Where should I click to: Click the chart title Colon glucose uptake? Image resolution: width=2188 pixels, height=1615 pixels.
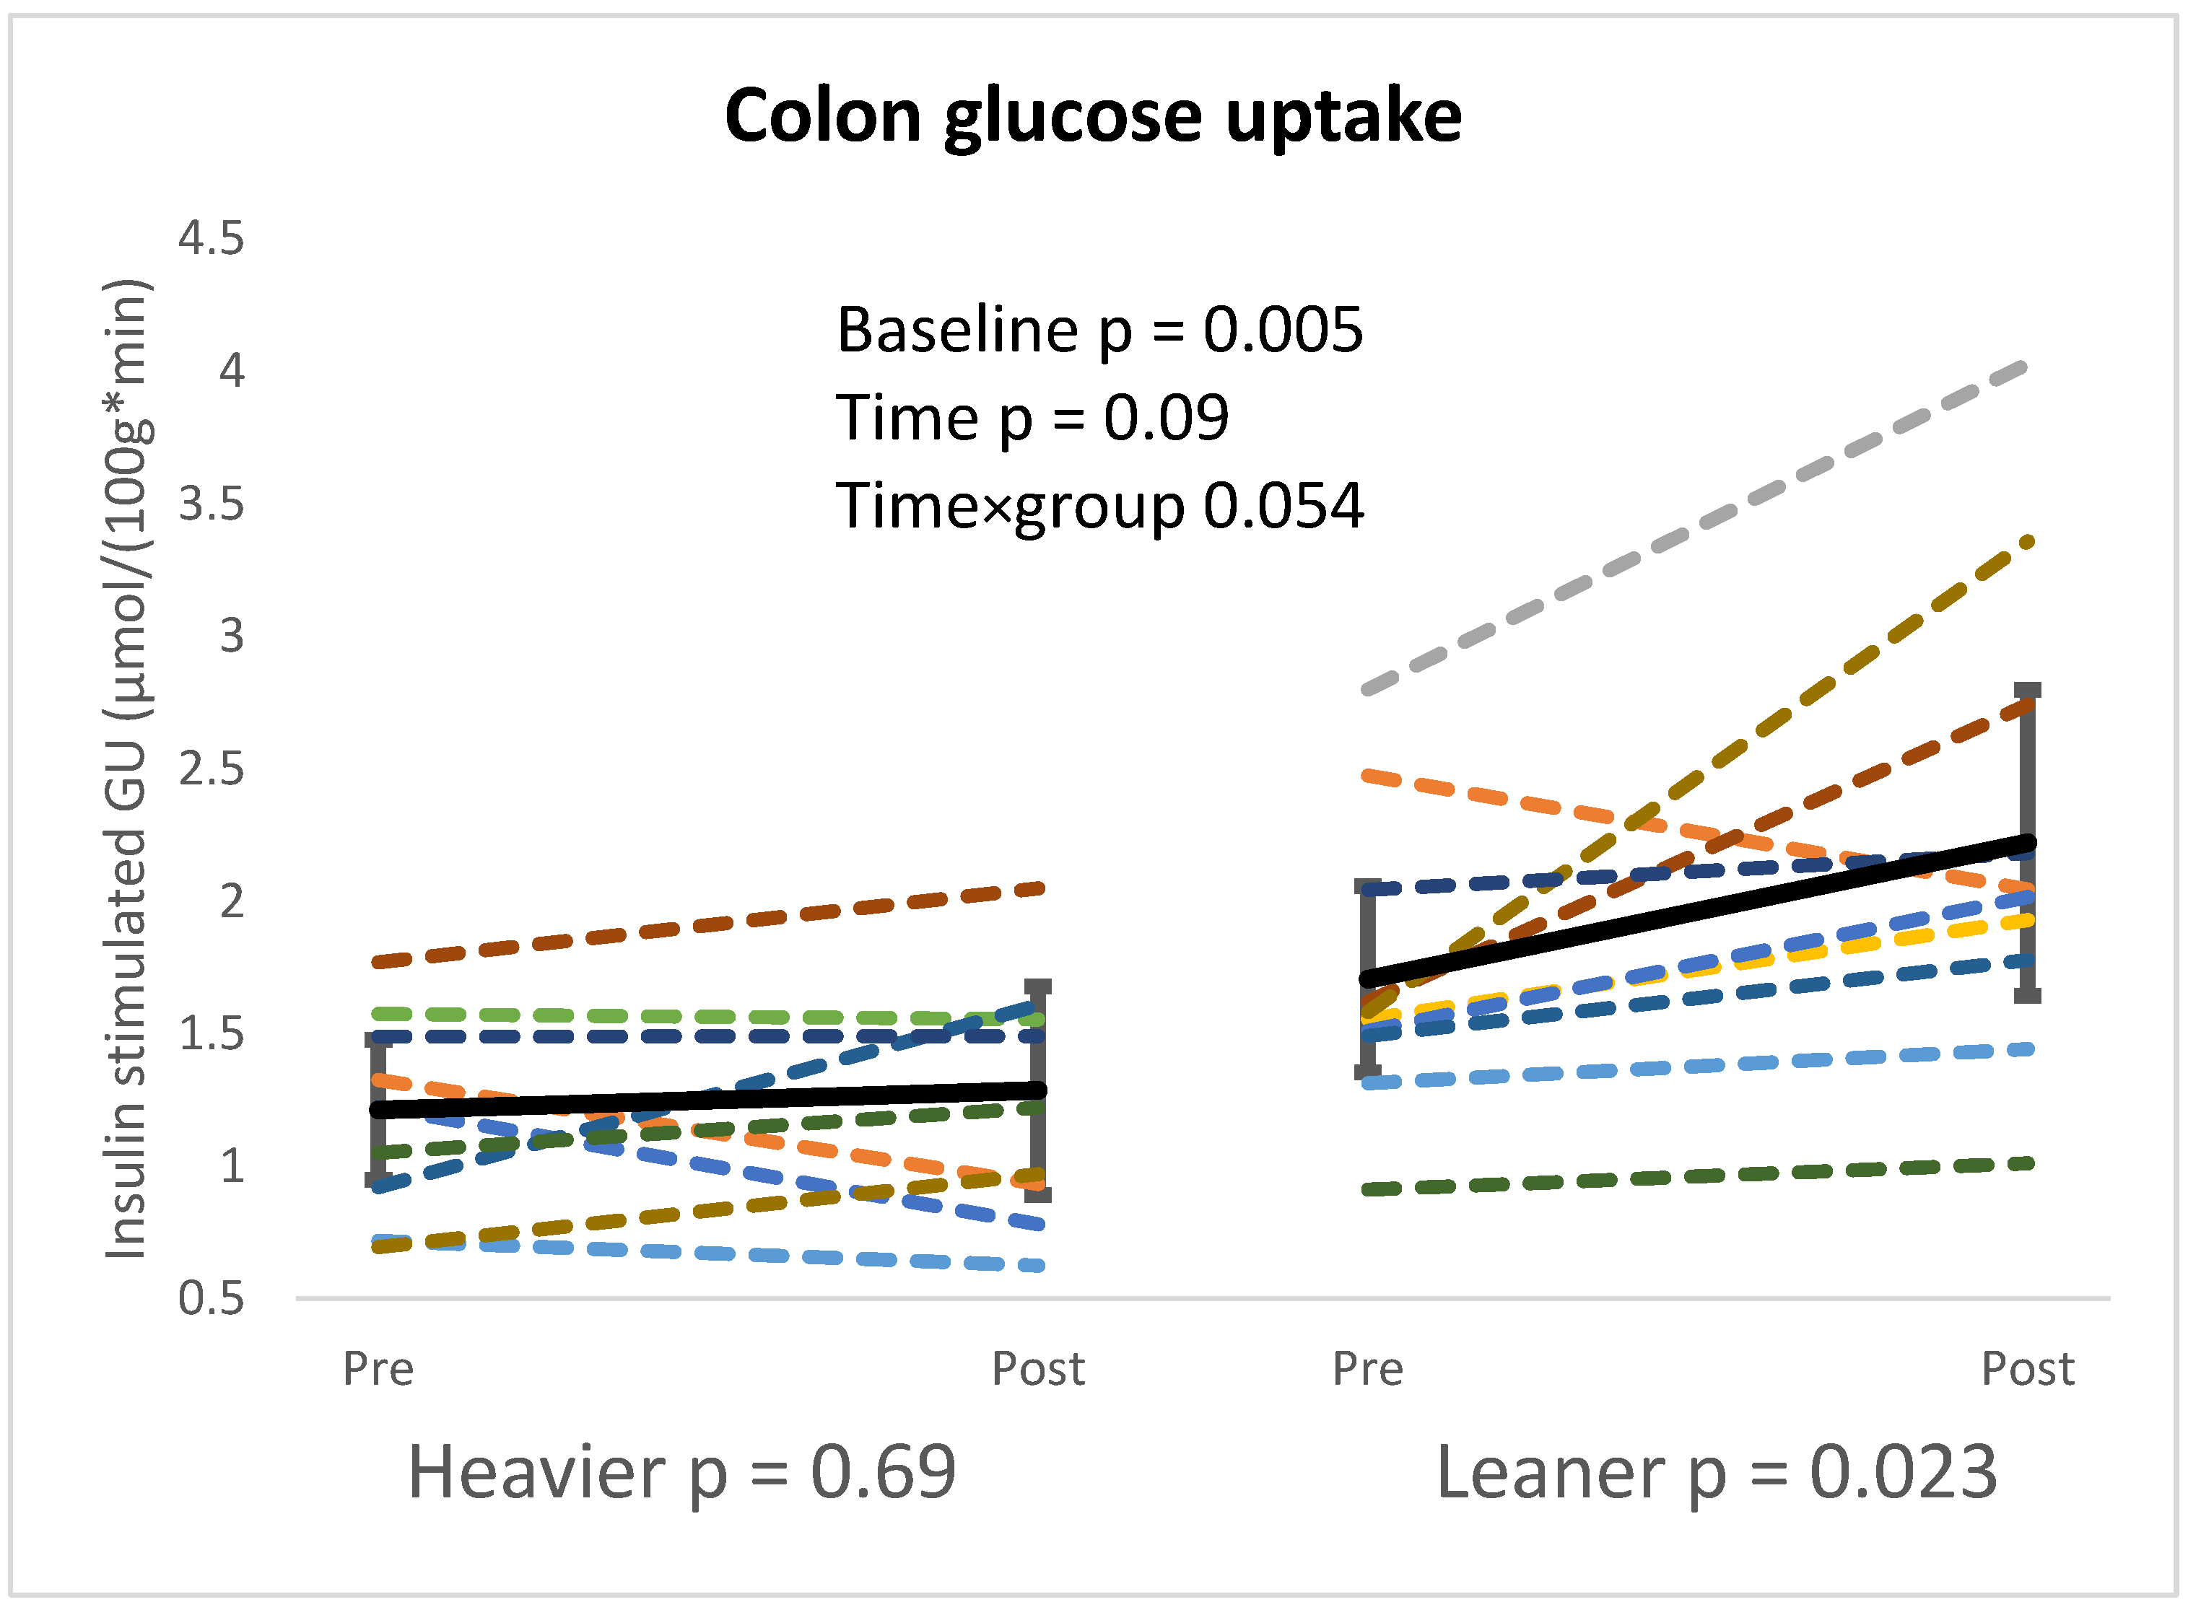pos(1092,116)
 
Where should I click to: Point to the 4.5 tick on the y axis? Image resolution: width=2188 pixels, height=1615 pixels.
pos(210,239)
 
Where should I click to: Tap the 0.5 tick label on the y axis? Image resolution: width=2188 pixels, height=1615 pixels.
pos(210,1299)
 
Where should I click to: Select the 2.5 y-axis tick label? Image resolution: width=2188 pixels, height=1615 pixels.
pos(210,769)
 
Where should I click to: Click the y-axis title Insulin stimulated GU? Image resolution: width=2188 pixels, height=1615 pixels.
pos(127,769)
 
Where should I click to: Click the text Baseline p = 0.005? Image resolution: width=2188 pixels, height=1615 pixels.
pos(1099,330)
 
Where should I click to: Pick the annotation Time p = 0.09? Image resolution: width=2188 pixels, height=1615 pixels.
pos(1032,419)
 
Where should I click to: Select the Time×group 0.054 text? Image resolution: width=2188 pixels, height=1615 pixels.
pos(1099,507)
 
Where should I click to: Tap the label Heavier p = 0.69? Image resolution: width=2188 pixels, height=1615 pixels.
pos(681,1472)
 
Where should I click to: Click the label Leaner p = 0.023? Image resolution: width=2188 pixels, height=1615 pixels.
pos(1716,1472)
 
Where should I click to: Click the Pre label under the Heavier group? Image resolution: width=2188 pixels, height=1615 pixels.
pos(378,1369)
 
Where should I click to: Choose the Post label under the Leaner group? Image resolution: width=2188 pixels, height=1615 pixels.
pos(2027,1369)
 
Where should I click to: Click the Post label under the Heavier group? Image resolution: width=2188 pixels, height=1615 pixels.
pos(1037,1369)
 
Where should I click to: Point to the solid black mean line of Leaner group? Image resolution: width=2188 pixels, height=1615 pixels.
pos(1701,910)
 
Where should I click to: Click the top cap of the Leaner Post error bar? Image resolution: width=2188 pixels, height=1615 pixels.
pos(2028,690)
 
